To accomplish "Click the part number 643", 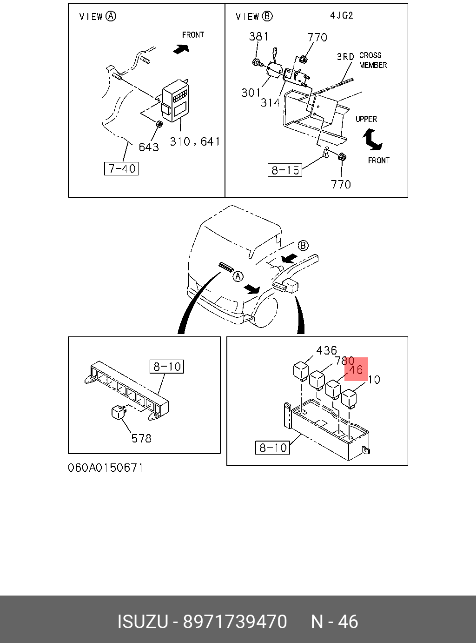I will (149, 147).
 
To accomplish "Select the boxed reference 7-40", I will (121, 168).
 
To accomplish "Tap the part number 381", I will (258, 36).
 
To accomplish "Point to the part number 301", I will (251, 93).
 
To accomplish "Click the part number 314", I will (270, 102).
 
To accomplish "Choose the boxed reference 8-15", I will (285, 170).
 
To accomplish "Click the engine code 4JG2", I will (342, 15).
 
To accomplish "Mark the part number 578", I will (141, 438).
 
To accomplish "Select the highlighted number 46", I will (356, 370).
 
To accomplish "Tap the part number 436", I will (326, 350).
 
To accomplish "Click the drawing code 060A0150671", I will (106, 468).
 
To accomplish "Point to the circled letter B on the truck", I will (303, 245).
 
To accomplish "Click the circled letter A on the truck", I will (238, 277).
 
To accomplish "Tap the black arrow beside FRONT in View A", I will (180, 48).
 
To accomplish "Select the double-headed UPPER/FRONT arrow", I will (372, 140).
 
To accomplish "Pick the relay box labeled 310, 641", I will (175, 100).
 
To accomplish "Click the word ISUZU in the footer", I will (142, 622).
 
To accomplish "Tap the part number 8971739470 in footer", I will (235, 622).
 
